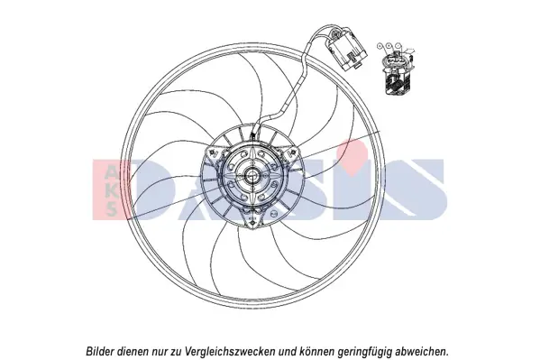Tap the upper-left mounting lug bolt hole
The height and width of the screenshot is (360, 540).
tap(212, 152)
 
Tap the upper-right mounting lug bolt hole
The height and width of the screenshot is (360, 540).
tap(294, 152)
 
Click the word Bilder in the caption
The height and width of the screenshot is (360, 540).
tap(99, 342)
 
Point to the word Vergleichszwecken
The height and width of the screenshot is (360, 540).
tap(230, 343)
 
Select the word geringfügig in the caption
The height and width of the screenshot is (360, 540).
tap(365, 343)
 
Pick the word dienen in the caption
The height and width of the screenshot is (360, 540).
tap(131, 342)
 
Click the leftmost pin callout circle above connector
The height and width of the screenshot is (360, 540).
tap(380, 45)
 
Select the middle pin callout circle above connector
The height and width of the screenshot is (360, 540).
tap(389, 45)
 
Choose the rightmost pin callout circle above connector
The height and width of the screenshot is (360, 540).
tap(398, 45)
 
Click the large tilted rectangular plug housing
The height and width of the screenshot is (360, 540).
tap(347, 51)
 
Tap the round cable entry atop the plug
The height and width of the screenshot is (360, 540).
tap(335, 34)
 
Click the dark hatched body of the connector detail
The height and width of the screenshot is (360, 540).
tap(396, 82)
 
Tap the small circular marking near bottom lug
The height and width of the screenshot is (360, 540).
tap(274, 214)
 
